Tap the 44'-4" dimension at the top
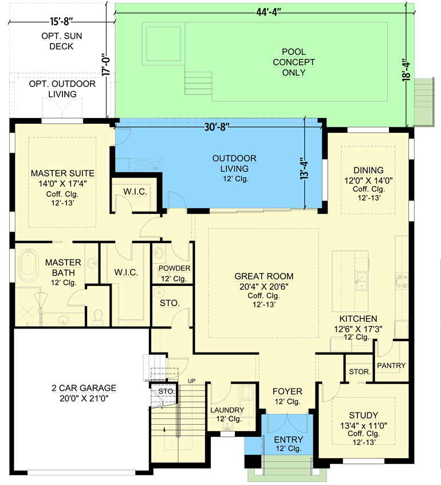coord(265,11)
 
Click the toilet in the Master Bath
coord(98,316)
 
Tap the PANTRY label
coord(391,366)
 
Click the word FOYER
coord(287,392)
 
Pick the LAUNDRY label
coord(227,410)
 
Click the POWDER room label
coord(175,268)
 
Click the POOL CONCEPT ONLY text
coord(293,62)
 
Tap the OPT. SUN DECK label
coord(57,41)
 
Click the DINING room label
coord(368,170)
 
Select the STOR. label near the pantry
coord(359,372)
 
